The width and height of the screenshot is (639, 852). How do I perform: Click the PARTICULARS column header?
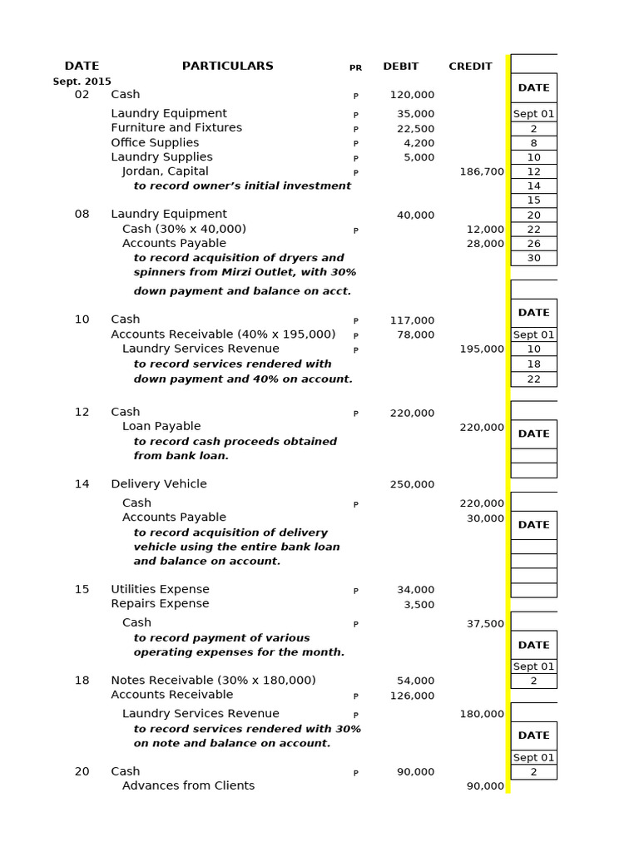[x=227, y=66]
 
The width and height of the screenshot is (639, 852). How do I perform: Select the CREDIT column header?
[x=470, y=67]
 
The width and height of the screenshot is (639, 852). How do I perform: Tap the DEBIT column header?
[x=400, y=67]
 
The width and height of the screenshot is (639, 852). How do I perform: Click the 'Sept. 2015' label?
[x=82, y=82]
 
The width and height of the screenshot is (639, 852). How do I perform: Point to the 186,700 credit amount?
[x=482, y=171]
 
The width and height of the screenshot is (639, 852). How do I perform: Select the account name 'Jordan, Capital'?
[x=161, y=171]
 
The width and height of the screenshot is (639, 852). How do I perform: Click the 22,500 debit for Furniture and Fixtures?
[x=415, y=128]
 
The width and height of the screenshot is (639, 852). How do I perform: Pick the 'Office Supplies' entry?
[x=155, y=142]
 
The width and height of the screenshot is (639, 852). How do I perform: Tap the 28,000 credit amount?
[x=485, y=244]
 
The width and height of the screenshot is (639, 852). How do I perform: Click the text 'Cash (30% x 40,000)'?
[x=184, y=229]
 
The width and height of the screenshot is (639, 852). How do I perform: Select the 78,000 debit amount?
[x=415, y=334]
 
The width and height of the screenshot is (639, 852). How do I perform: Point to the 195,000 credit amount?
[x=482, y=349]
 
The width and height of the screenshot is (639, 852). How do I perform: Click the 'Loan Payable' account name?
[x=161, y=426]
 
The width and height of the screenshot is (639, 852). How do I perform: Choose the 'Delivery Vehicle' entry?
[x=159, y=484]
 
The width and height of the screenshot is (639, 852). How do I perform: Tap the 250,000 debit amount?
[x=412, y=484]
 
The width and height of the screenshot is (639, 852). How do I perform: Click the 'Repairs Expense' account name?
[x=160, y=603]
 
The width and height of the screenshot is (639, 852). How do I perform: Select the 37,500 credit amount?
[x=485, y=624]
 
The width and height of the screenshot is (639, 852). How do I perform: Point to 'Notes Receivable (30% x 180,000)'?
[x=213, y=680]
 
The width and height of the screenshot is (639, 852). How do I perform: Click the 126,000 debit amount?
[x=412, y=696]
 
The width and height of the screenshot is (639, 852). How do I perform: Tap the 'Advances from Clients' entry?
[x=188, y=785]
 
